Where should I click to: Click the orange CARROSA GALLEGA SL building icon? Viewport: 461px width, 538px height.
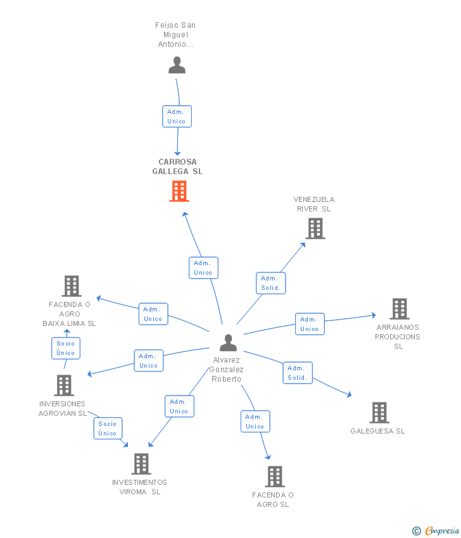pos(179,191)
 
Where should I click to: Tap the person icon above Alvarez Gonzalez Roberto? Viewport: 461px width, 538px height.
pos(228,342)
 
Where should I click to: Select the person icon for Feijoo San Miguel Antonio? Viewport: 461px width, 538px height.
pos(177,65)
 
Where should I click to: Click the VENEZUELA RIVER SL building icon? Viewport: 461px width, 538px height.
pos(315,228)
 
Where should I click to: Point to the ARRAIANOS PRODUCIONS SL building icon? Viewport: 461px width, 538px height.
pos(400,309)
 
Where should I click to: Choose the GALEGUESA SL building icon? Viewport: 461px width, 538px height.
pos(379,413)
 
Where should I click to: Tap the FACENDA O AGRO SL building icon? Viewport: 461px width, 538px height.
pos(275,477)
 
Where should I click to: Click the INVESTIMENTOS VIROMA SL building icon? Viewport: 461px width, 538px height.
pos(141,464)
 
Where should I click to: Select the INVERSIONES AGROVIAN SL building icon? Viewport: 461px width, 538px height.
pos(64,385)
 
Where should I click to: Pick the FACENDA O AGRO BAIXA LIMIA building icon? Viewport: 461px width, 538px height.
pos(72,286)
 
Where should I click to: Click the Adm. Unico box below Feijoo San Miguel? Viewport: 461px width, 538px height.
pos(177,116)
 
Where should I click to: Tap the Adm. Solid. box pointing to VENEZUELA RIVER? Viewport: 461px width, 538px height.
pos(271,283)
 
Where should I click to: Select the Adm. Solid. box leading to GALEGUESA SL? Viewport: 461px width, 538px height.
pos(298,373)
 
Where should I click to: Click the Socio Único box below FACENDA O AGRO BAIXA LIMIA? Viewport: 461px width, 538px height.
pos(66,348)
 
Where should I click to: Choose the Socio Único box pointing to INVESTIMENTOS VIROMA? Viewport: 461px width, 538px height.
pos(108,429)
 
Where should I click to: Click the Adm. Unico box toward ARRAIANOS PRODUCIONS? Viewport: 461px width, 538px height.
pos(310,324)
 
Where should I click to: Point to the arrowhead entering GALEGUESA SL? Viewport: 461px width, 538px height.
pos(350,395)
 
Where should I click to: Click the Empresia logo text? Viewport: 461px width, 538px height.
pos(442,530)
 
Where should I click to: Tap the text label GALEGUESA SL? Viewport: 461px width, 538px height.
pos(377,431)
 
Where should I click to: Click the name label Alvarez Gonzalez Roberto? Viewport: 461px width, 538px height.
pos(227,370)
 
